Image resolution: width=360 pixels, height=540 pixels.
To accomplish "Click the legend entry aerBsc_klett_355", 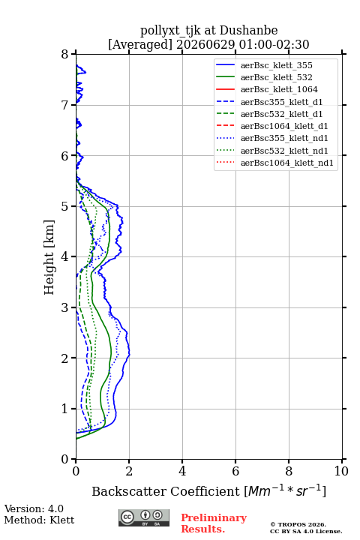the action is coord(264,65).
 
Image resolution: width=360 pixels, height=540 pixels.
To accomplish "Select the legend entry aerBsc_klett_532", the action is coord(264,77).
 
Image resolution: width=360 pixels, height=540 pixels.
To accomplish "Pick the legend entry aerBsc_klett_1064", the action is coord(267,89).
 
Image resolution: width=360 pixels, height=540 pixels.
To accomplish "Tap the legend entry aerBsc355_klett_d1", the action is coord(269,102).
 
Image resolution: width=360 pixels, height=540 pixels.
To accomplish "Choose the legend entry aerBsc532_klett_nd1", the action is coord(271,151).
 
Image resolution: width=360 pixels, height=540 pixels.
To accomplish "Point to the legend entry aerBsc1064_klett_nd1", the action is coord(274,163).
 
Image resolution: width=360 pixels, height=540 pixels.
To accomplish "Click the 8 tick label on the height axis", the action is coord(65,55).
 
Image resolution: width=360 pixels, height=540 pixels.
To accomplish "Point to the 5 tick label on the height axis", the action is coord(65,206).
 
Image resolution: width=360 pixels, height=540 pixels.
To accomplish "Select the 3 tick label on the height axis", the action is coord(65,307).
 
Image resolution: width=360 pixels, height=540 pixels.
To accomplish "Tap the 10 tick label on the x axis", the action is coord(341,471).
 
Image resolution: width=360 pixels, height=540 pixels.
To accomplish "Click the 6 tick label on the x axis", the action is coord(235,471).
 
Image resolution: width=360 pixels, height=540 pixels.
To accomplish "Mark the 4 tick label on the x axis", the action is coord(182,471).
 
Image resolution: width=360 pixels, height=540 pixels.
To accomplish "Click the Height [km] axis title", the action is coord(49,257).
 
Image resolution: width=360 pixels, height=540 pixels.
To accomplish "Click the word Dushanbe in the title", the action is coord(248,30).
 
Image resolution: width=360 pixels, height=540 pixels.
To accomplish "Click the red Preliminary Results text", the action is coord(214,523).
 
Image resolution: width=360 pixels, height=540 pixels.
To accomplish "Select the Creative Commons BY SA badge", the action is coord(144,517).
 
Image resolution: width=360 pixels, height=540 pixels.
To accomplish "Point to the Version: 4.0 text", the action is coord(34,508).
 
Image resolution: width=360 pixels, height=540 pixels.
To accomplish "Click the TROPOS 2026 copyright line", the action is coord(298,524).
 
